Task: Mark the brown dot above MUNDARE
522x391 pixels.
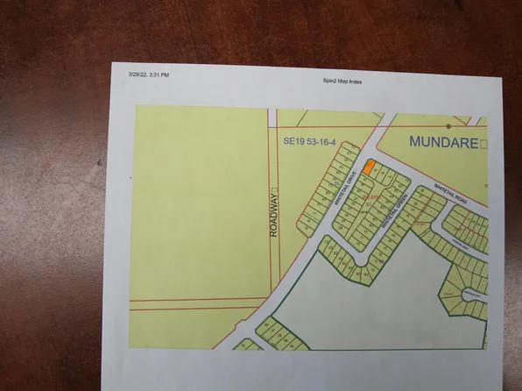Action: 447,126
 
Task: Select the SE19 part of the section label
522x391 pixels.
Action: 293,139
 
